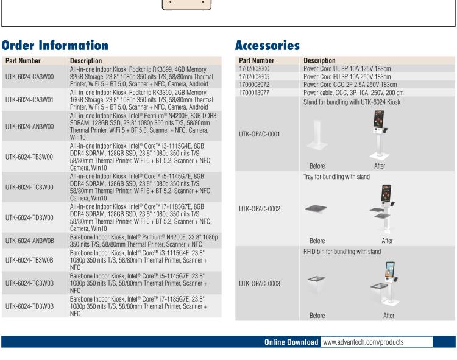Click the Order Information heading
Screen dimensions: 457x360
(55, 46)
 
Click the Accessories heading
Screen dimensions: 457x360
(267, 46)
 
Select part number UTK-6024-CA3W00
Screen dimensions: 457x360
(29, 77)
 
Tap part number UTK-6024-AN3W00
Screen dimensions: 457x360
(29, 127)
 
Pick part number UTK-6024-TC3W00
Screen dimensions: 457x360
(29, 187)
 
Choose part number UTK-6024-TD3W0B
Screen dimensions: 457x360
(29, 306)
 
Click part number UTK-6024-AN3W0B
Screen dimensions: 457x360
(29, 241)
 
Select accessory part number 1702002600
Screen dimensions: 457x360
(254, 69)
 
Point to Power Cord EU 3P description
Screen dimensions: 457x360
(347, 77)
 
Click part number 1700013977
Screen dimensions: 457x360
(254, 93)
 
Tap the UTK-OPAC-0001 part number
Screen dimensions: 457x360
(260, 134)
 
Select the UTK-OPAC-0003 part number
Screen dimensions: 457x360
(260, 284)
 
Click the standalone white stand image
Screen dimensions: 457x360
(317, 135)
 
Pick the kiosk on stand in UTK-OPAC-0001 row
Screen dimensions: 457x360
(379, 135)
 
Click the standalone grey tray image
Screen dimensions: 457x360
(316, 209)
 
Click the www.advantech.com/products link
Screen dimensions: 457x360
(363, 342)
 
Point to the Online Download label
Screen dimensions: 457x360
(291, 342)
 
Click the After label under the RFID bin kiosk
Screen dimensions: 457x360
(389, 316)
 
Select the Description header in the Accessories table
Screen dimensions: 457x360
(319, 60)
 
